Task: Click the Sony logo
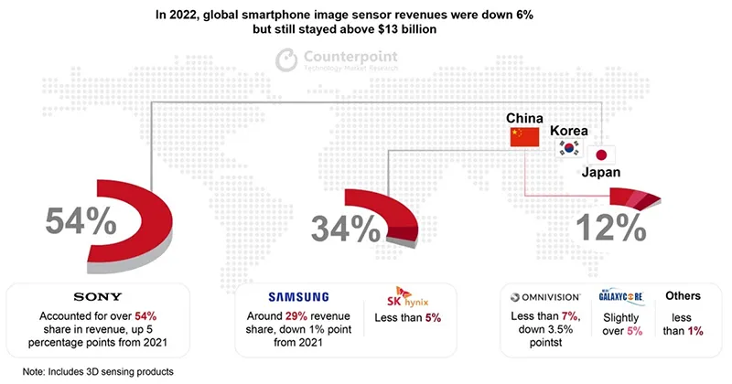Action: (99, 296)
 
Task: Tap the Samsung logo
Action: (297, 296)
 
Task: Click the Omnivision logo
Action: (543, 296)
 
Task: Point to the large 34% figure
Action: (341, 227)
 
